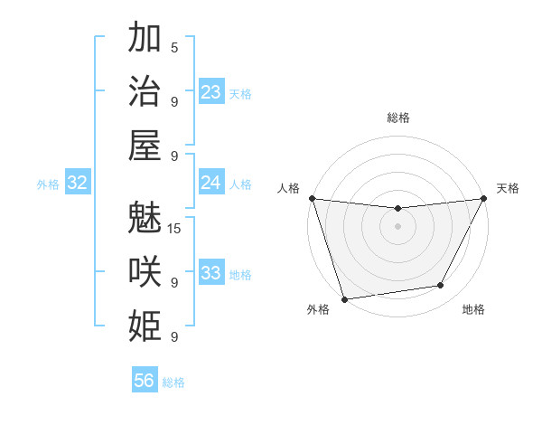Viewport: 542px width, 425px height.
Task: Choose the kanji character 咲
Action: pos(145,270)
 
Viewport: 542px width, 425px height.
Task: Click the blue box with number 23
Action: pos(211,92)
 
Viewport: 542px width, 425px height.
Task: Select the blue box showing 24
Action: pos(211,183)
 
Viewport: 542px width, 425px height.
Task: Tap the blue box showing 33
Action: pos(211,273)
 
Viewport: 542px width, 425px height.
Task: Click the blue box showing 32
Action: pos(77,183)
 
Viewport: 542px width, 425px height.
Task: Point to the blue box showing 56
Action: pos(145,381)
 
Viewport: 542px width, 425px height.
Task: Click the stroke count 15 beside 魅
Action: pos(175,228)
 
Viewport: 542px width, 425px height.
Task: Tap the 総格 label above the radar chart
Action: pos(398,118)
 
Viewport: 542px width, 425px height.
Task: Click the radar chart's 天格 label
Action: pos(508,188)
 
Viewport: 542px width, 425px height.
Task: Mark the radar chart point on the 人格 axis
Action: pos(312,198)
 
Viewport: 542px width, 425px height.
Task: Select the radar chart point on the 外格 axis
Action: pos(344,298)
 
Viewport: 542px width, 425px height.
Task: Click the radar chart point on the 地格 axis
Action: pos(441,286)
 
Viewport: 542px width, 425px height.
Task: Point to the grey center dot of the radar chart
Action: pos(397,226)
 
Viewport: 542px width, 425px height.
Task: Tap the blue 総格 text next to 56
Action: pos(173,382)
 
